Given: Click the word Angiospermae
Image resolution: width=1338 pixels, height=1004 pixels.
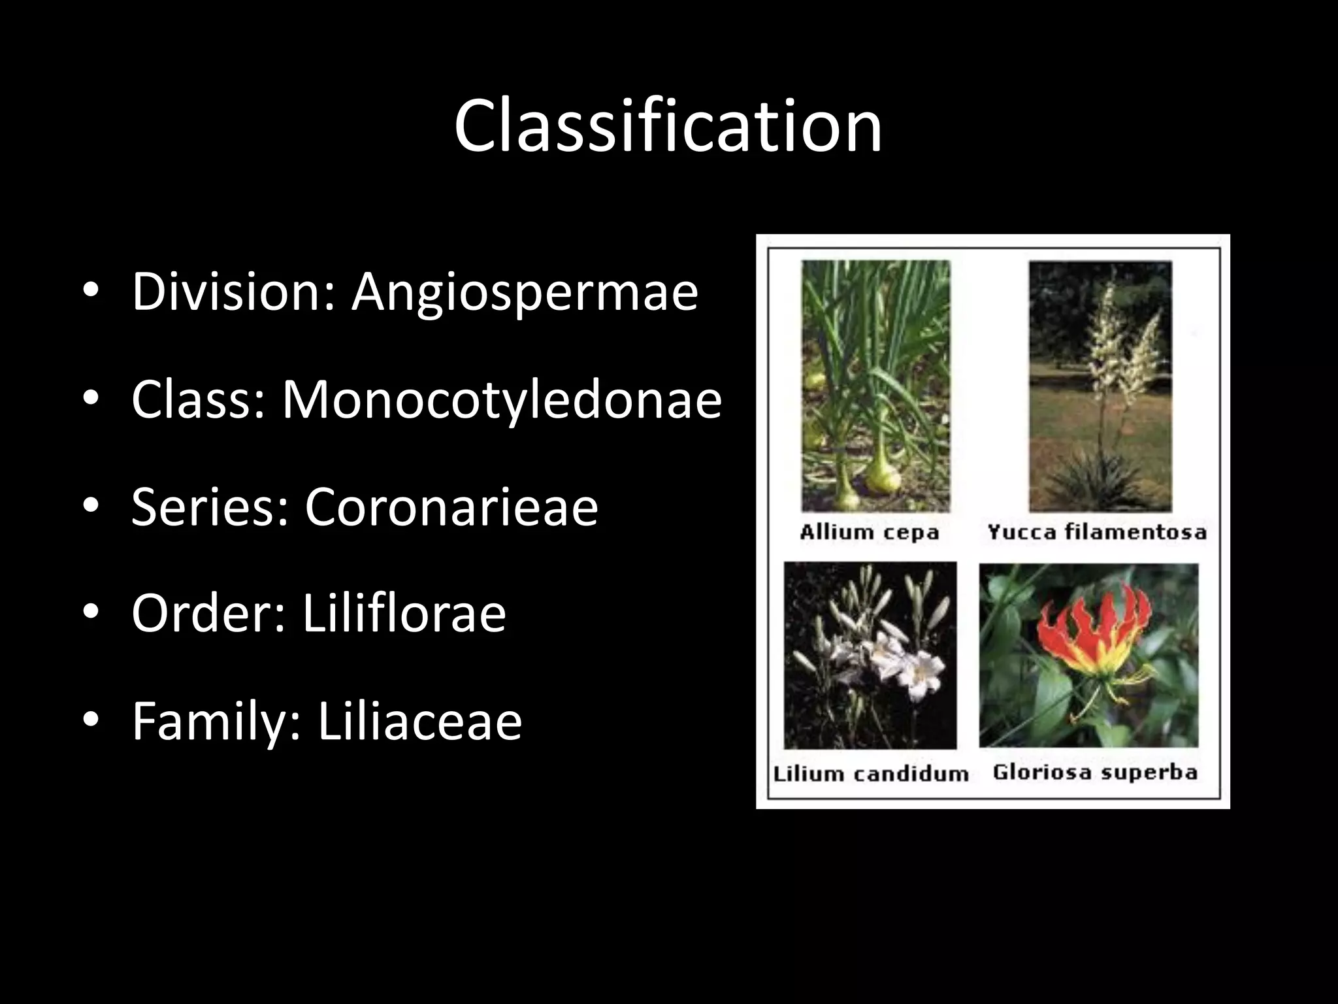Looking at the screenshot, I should (x=525, y=292).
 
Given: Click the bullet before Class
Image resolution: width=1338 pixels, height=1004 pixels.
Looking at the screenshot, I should (x=91, y=399).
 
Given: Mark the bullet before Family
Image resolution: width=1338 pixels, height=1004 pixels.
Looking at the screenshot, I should (x=91, y=720).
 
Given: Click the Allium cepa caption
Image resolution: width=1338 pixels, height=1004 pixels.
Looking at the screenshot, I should (x=869, y=532).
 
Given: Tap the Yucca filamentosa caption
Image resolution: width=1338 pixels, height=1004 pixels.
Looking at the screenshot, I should (x=1097, y=532).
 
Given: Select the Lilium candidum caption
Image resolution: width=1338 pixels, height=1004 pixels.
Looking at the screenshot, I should (x=871, y=774).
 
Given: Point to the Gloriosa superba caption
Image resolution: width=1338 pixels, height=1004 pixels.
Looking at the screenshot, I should (x=1095, y=773).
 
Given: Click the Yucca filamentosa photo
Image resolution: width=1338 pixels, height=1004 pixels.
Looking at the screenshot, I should (x=1100, y=386).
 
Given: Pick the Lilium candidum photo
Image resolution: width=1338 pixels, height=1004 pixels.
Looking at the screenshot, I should (x=870, y=655).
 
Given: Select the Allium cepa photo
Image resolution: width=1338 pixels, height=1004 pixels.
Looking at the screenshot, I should (x=875, y=386).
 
